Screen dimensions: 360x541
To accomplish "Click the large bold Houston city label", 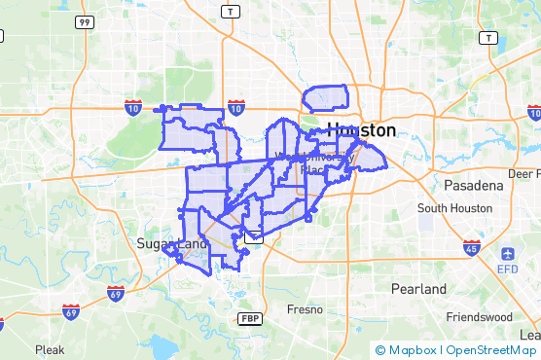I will [x=362, y=130].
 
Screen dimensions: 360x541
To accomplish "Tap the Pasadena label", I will [x=473, y=185].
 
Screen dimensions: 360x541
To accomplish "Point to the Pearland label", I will [x=418, y=289].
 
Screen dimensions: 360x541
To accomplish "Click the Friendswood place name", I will [x=479, y=317].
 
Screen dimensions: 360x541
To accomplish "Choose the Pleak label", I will [x=50, y=348].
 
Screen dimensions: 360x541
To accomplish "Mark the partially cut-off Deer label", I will [x=524, y=173].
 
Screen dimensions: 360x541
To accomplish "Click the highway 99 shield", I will [x=85, y=21].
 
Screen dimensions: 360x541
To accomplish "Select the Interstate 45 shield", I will [x=472, y=247].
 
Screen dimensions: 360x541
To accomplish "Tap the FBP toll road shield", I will [x=250, y=319].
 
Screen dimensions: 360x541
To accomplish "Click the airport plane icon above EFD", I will [x=508, y=253].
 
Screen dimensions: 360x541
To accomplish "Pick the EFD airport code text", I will [x=508, y=269].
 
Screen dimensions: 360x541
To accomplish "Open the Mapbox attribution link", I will [x=410, y=350].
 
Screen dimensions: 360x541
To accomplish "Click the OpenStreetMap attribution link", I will [x=490, y=350].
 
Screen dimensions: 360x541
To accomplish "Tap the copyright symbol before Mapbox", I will [x=379, y=350].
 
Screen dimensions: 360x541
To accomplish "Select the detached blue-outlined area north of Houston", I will [x=325, y=98].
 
